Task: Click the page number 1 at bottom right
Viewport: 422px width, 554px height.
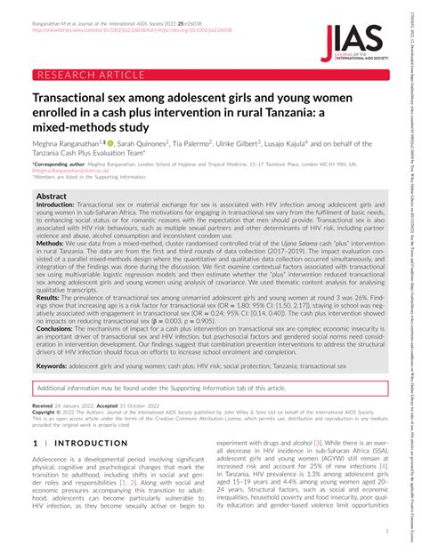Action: click(387, 532)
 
